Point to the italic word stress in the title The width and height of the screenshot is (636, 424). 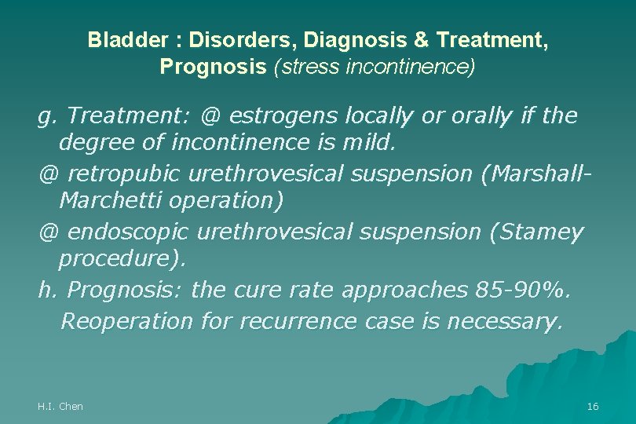(x=300, y=67)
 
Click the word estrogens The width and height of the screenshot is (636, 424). (x=275, y=116)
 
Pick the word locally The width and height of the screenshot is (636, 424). (x=372, y=116)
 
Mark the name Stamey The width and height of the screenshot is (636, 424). (x=546, y=232)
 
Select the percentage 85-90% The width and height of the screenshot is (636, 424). (x=524, y=291)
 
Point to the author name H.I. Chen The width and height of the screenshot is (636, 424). (x=60, y=406)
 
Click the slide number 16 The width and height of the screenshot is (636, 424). (x=592, y=406)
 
